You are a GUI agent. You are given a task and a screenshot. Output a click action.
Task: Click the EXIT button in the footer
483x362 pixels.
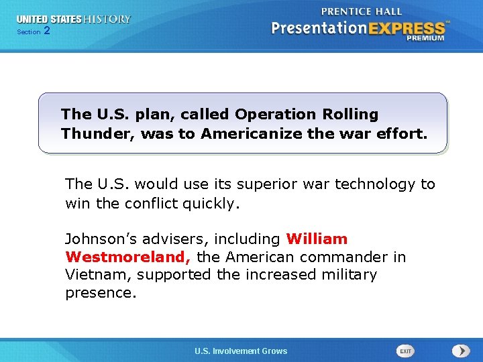click(405, 351)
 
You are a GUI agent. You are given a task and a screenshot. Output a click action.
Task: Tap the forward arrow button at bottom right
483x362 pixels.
click(461, 351)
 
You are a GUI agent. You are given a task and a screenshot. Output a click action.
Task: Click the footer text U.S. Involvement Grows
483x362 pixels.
click(241, 351)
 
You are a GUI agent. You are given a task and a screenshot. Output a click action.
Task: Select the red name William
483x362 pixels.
click(317, 239)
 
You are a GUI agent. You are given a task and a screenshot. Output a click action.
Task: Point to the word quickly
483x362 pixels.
click(209, 202)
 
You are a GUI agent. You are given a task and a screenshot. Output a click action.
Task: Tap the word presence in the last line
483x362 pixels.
click(99, 293)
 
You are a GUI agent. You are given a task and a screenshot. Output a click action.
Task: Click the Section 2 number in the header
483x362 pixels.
click(46, 32)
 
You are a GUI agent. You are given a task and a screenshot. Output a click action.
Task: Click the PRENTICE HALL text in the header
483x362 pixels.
click(362, 11)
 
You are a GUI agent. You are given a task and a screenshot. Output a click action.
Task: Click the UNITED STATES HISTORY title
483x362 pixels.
click(74, 19)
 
